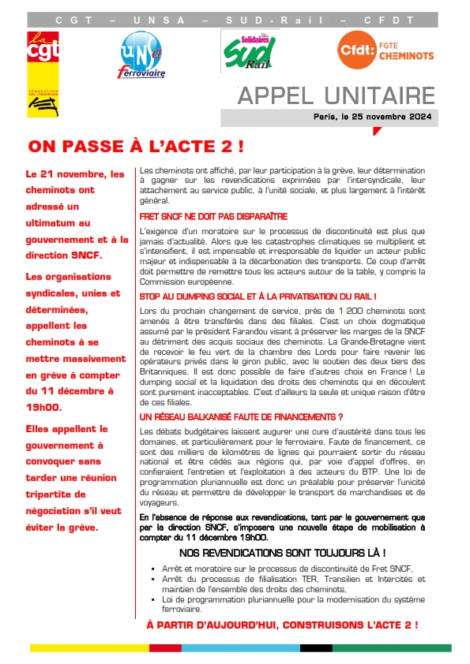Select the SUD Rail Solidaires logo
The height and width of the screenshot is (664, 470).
point(246,50)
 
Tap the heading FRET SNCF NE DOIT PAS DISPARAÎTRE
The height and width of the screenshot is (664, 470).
point(213,215)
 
